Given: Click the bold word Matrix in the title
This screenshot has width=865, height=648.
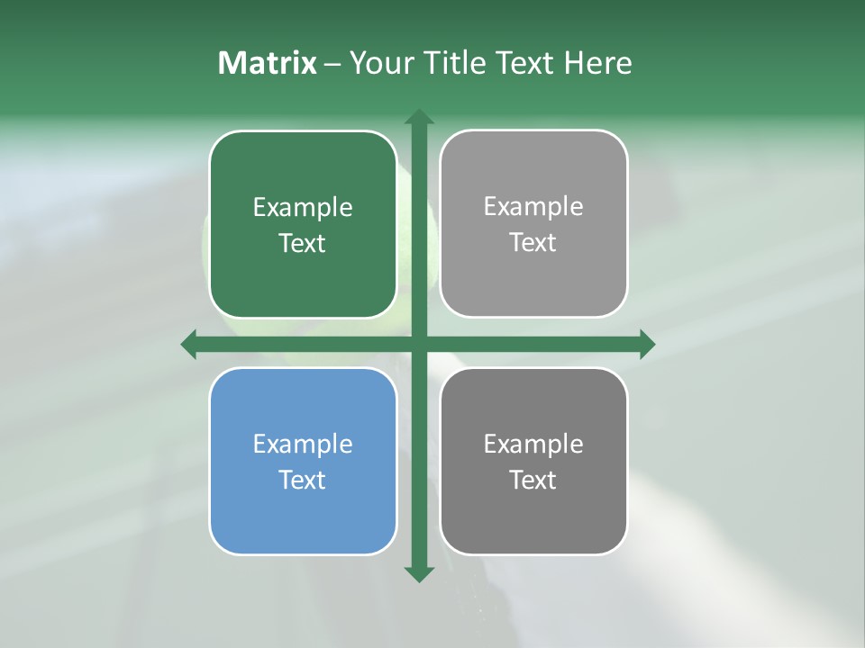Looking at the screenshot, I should pyautogui.click(x=268, y=63).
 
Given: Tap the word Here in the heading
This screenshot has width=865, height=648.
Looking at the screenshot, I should pyautogui.click(x=598, y=63).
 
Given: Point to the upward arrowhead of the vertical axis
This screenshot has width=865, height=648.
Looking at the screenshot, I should pyautogui.click(x=419, y=117).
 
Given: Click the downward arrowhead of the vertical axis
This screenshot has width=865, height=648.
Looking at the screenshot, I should pyautogui.click(x=419, y=572).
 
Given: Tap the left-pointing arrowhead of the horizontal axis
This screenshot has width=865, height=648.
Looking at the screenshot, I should pyautogui.click(x=189, y=344).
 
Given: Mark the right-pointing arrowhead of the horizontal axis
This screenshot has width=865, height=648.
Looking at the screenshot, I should pyautogui.click(x=647, y=344).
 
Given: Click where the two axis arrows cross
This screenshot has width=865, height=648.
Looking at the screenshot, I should pyautogui.click(x=419, y=344).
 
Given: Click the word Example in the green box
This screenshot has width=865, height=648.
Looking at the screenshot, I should pyautogui.click(x=303, y=208).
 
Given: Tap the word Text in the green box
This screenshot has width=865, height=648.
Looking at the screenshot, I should pyautogui.click(x=303, y=243).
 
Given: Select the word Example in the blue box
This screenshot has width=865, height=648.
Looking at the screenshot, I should pyautogui.click(x=303, y=444).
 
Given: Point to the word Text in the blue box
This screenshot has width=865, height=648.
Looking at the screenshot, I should pyautogui.click(x=303, y=480).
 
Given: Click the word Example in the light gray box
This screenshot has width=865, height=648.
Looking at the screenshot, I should pyautogui.click(x=533, y=207).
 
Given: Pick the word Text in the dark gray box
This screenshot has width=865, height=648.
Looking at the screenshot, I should pyautogui.click(x=533, y=480).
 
